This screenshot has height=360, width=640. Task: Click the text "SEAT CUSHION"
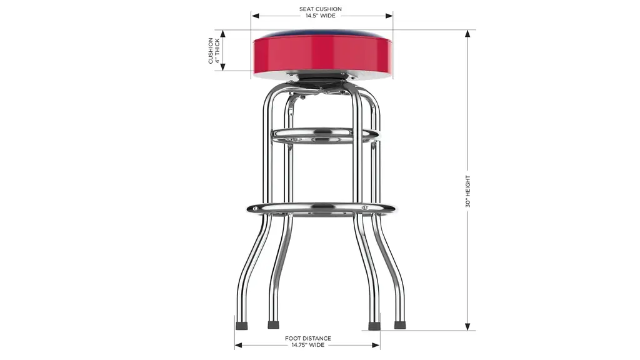tap(321, 9)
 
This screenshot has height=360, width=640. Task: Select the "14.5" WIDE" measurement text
tap(321, 16)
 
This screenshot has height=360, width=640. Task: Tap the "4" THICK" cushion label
tap(217, 51)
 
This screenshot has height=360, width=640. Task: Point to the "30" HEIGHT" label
tap(467, 191)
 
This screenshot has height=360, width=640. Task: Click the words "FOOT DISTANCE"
tap(307, 338)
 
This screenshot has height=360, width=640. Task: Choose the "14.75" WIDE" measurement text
tap(307, 345)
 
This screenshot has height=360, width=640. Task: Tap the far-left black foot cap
tap(242, 326)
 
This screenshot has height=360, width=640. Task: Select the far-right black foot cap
tap(400, 325)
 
